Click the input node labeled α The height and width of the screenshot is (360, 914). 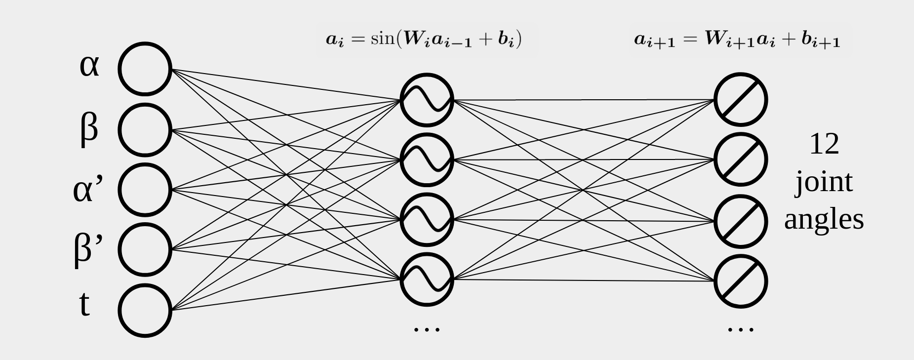coord(144,69)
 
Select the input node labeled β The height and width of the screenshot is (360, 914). coord(144,130)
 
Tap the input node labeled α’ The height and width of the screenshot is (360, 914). coord(144,190)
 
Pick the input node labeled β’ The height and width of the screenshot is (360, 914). coord(144,249)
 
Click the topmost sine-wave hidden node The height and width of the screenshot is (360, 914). coord(427,100)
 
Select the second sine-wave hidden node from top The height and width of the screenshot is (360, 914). coord(427,160)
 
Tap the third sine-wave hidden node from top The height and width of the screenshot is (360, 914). coord(427,220)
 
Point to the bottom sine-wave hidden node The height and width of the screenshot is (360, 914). coord(427,280)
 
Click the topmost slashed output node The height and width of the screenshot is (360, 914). coord(741,100)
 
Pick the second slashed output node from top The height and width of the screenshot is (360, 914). coord(741,160)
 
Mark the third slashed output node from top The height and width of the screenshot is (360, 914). coord(741,220)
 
